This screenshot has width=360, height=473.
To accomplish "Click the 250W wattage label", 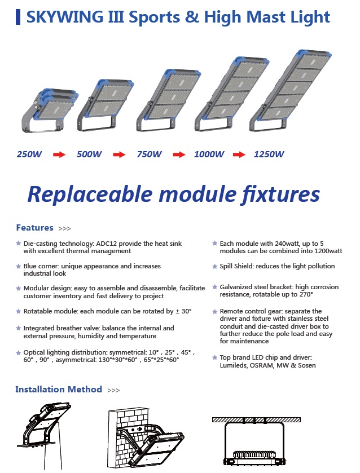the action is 29,154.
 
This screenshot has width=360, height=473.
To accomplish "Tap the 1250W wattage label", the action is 269,154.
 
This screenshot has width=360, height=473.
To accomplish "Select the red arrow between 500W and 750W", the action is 119,154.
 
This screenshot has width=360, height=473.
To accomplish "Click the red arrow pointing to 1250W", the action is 239,154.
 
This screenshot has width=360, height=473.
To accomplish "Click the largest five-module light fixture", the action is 291,90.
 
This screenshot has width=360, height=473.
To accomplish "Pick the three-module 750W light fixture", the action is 168,100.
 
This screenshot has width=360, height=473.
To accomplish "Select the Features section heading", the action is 35,227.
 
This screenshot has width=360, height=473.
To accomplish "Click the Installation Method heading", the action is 59,389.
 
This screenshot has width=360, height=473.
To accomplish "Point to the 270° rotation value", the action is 306,294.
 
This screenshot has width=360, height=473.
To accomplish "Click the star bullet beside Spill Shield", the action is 215,266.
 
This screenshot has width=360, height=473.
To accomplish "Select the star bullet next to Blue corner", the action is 19,266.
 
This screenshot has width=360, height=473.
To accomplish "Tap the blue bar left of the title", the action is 18,17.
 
